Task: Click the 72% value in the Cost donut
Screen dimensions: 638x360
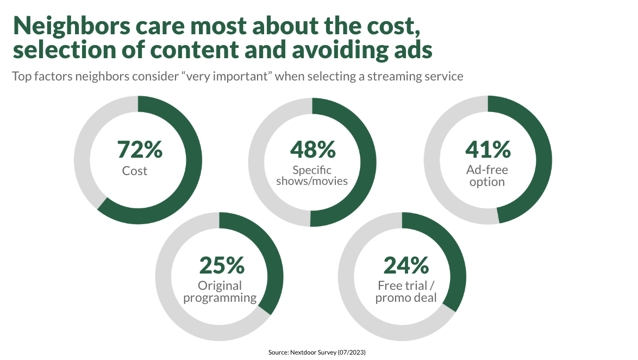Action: pyautogui.click(x=140, y=150)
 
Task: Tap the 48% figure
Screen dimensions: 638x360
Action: pyautogui.click(x=313, y=150)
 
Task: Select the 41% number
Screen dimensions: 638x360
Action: pyautogui.click(x=488, y=150)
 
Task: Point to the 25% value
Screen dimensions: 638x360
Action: pyautogui.click(x=222, y=265)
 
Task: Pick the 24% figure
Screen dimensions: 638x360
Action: pyautogui.click(x=406, y=265)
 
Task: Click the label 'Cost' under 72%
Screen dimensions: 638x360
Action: pyautogui.click(x=135, y=171)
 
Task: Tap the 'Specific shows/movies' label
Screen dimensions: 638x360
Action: pyautogui.click(x=312, y=176)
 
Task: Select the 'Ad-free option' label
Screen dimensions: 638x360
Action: pyautogui.click(x=487, y=176)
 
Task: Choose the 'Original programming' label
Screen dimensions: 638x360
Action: pyautogui.click(x=220, y=291)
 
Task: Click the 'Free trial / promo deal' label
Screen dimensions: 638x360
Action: pyautogui.click(x=406, y=291)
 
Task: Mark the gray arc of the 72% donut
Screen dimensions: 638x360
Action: pyautogui.click(x=82, y=160)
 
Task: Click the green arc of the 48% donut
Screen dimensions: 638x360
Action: pyautogui.click(x=368, y=163)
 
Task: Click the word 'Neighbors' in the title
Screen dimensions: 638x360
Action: pyautogui.click(x=71, y=26)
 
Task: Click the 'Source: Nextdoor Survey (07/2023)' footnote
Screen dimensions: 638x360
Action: pyautogui.click(x=317, y=352)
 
